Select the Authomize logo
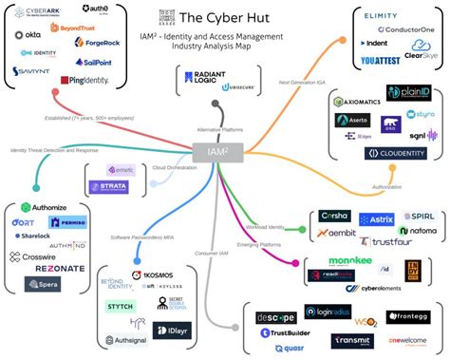pyautogui.click(x=42, y=206)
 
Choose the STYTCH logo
pyautogui.click(x=119, y=307)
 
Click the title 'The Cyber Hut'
pyautogui.click(x=223, y=17)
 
